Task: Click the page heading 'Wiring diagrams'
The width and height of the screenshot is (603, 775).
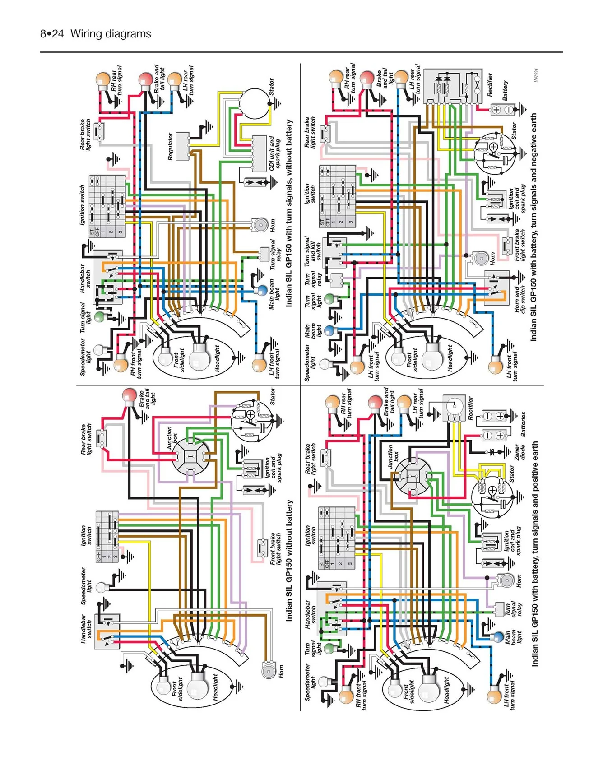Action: pyautogui.click(x=111, y=34)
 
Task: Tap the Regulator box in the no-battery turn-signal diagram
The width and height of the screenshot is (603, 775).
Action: pyautogui.click(x=182, y=146)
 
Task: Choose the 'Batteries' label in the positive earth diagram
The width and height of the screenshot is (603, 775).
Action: pyautogui.click(x=523, y=424)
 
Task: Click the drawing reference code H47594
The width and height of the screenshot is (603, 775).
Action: pyautogui.click(x=535, y=75)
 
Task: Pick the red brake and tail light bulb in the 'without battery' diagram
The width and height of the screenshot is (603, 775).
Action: pyautogui.click(x=129, y=395)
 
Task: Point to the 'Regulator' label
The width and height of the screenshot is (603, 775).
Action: pyautogui.click(x=170, y=146)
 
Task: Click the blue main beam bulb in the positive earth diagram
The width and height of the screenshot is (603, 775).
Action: pyautogui.click(x=497, y=637)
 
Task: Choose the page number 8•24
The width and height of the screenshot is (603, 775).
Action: pyautogui.click(x=51, y=34)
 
